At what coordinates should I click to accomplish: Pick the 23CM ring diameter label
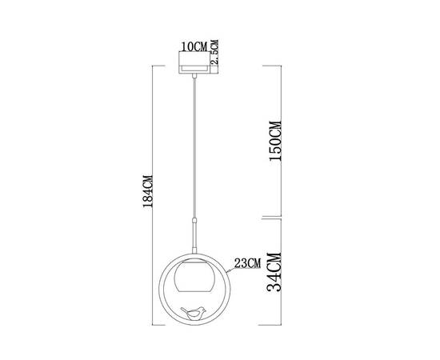point(246,262)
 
